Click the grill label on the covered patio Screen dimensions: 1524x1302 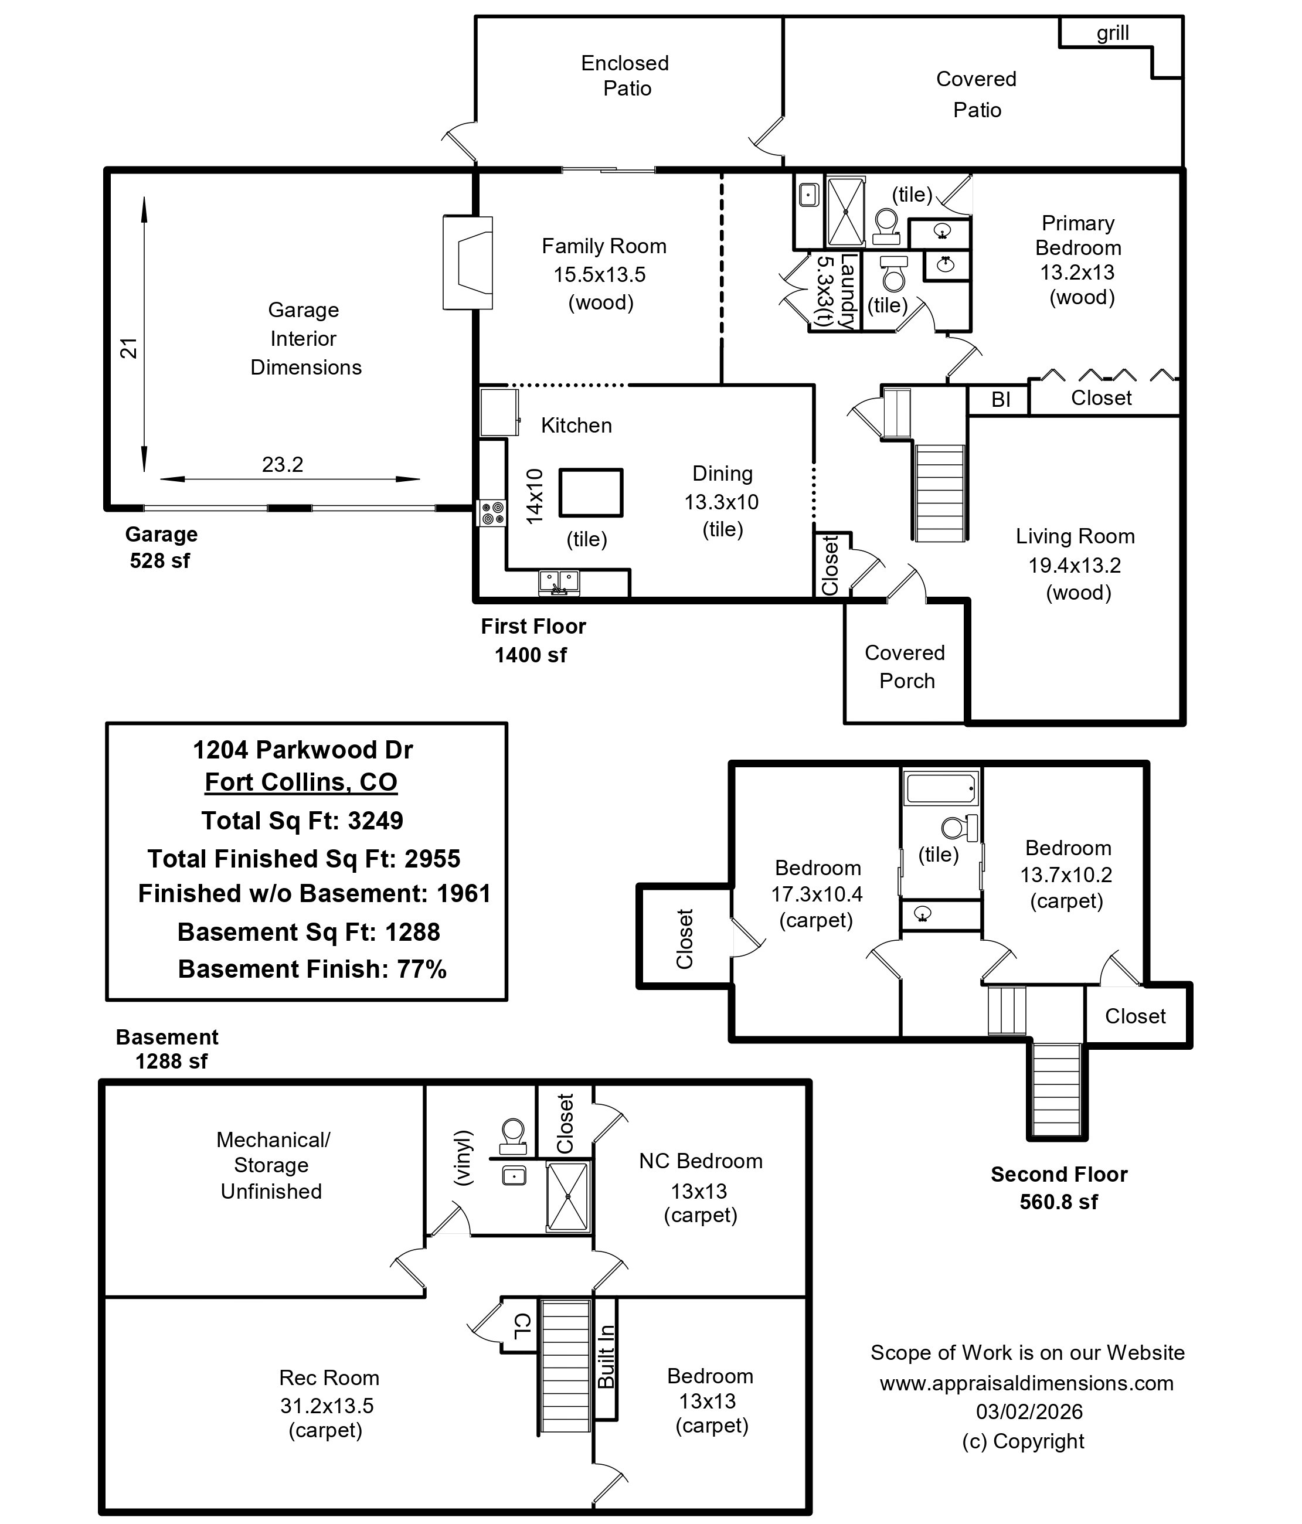pos(1112,33)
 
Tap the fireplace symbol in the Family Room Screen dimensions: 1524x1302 pos(468,263)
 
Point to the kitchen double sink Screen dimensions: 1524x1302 pos(559,582)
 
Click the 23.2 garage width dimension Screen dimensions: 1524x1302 pos(283,465)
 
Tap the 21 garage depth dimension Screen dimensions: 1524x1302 pos(129,348)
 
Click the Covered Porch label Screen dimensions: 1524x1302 pos(906,666)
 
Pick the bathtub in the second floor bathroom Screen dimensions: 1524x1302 pos(941,789)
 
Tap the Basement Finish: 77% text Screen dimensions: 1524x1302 pos(312,969)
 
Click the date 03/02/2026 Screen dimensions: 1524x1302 pos(1029,1411)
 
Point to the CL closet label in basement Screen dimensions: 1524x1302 pos(521,1325)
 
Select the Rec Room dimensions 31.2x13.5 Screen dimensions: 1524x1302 pos(327,1406)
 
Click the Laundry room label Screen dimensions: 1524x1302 pos(847,291)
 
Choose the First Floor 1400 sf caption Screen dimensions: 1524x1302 pos(532,640)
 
